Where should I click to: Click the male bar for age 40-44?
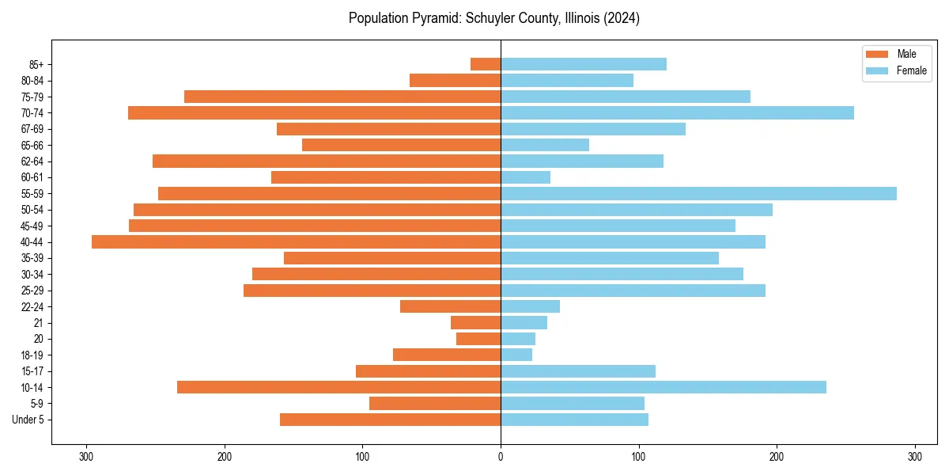tap(297, 242)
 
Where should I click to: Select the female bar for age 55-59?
tap(698, 194)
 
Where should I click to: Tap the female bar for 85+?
tap(584, 64)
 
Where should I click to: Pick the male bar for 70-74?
tap(315, 113)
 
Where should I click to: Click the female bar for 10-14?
tap(664, 387)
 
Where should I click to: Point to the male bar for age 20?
tap(478, 339)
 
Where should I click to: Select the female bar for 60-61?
tap(526, 177)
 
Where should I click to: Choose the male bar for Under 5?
tap(391, 420)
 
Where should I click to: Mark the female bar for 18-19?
tap(516, 355)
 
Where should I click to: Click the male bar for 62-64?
tap(327, 161)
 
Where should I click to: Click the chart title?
tap(494, 18)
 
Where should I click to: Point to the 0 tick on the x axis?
tap(501, 456)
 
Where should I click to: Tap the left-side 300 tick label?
tap(86, 456)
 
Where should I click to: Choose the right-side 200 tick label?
tap(777, 456)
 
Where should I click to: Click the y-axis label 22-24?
tap(32, 306)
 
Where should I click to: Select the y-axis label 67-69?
tap(32, 129)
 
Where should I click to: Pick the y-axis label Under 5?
tap(28, 420)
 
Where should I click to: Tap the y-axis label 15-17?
tap(32, 371)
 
